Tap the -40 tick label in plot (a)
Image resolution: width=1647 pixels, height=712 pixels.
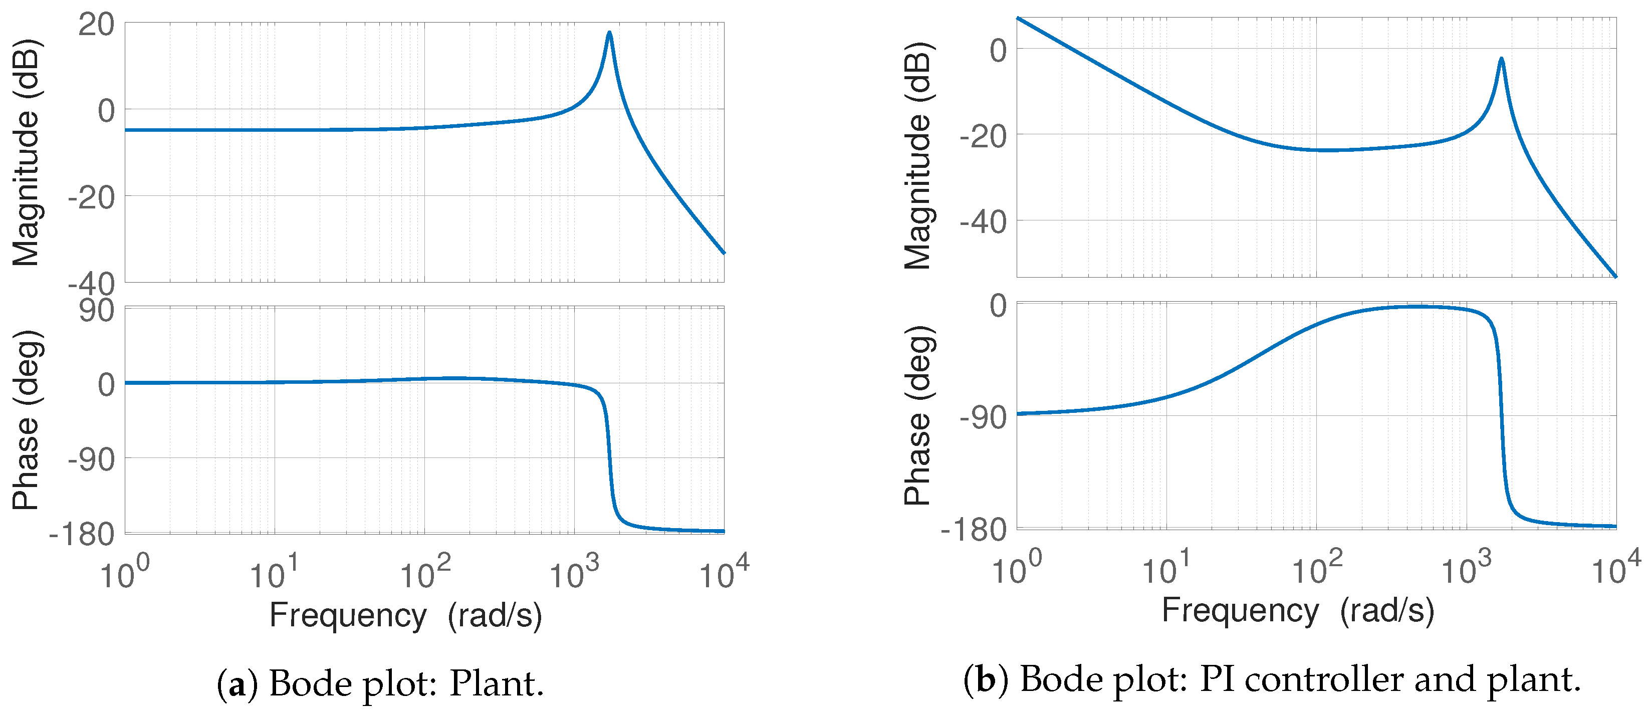pyautogui.click(x=91, y=283)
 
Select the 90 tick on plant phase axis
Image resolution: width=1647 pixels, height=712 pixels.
pyautogui.click(x=97, y=311)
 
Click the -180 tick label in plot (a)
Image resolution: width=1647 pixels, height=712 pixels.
pyautogui.click(x=82, y=534)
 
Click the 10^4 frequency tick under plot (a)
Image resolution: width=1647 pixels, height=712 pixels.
pyautogui.click(x=724, y=573)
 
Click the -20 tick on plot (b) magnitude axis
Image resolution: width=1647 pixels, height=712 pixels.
pyautogui.click(x=983, y=136)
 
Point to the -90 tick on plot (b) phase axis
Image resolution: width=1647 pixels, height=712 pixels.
pyautogui.click(x=983, y=418)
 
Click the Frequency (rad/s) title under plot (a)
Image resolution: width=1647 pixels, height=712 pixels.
pyautogui.click(x=405, y=615)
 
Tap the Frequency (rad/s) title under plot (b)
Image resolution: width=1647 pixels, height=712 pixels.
pyautogui.click(x=1297, y=610)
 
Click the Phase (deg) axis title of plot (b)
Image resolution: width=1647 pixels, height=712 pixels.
pyautogui.click(x=917, y=415)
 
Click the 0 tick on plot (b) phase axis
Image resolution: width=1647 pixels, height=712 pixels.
pyautogui.click(x=998, y=306)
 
